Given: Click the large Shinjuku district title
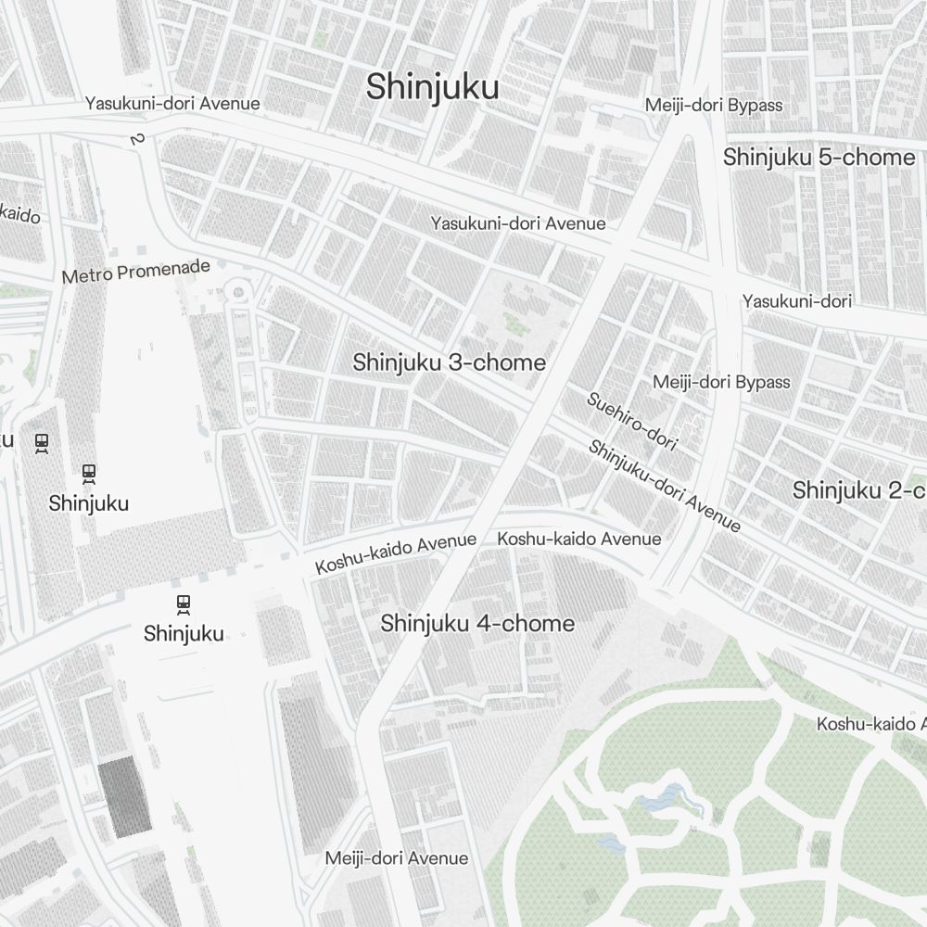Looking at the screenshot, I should (432, 87).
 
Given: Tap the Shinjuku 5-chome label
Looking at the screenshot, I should (819, 157).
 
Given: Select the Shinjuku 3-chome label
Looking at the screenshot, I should (449, 362).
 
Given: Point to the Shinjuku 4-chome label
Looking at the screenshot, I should (477, 624).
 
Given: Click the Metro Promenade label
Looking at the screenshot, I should (136, 272).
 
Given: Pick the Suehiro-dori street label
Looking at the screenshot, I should (631, 422).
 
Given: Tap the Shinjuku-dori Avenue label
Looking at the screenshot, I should (664, 486).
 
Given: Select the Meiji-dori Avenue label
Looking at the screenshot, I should (396, 858).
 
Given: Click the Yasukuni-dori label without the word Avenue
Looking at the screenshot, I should (796, 300).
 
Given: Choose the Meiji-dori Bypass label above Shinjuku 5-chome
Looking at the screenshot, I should (714, 105).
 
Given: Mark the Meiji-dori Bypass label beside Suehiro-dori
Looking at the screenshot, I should (721, 382).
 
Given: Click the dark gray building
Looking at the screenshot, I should (125, 795).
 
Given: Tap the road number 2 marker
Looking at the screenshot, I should (137, 139).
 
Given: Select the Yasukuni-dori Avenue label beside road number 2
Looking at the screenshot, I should (172, 104).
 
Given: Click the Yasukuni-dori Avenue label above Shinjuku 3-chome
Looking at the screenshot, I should (517, 223).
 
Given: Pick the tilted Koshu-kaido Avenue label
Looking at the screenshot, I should (396, 552).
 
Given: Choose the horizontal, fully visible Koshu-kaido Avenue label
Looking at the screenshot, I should (579, 539).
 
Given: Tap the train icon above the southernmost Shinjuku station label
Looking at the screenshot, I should (184, 604).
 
